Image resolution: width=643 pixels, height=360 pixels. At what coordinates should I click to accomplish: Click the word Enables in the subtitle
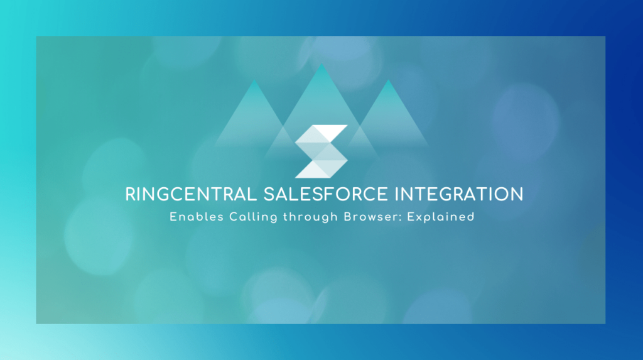click(191, 217)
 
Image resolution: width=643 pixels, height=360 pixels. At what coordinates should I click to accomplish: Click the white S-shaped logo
click(321, 151)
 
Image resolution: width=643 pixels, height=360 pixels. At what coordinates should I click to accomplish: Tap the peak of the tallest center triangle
click(321, 64)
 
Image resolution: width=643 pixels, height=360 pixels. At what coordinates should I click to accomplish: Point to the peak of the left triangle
click(254, 80)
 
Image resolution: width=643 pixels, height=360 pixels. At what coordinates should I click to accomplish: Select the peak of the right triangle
click(388, 80)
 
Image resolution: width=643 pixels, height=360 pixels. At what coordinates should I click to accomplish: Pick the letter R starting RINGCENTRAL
click(131, 194)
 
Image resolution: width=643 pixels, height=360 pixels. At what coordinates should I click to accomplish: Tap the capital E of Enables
click(173, 217)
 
